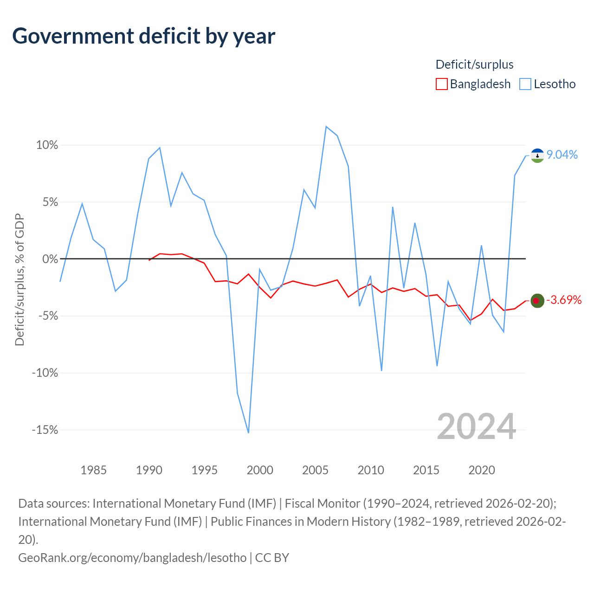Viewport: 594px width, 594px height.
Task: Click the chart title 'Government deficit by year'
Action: pyautogui.click(x=143, y=36)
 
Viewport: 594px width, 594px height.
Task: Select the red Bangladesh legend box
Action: pyautogui.click(x=441, y=84)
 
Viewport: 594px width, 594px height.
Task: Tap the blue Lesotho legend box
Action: pyautogui.click(x=525, y=84)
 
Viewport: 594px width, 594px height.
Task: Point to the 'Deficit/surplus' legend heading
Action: pyautogui.click(x=474, y=65)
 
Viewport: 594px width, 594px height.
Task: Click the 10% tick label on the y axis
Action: pyautogui.click(x=47, y=145)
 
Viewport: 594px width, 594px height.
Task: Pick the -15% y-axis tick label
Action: pyautogui.click(x=45, y=430)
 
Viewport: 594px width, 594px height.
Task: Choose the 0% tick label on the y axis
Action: pyautogui.click(x=50, y=259)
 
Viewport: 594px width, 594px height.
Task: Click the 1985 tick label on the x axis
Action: pyautogui.click(x=93, y=470)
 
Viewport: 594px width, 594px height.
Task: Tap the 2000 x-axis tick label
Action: pyautogui.click(x=260, y=470)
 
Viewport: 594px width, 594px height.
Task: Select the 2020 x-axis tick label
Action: pyautogui.click(x=482, y=470)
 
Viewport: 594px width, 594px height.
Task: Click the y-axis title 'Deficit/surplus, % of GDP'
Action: pyautogui.click(x=20, y=279)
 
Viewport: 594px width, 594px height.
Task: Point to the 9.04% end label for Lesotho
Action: pyautogui.click(x=562, y=155)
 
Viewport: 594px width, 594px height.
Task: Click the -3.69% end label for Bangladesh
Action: pyautogui.click(x=564, y=300)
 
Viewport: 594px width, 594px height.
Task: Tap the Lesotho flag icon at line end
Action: pyautogui.click(x=537, y=155)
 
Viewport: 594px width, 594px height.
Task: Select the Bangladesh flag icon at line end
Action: pyautogui.click(x=537, y=301)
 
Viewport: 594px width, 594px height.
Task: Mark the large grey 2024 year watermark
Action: pyautogui.click(x=476, y=426)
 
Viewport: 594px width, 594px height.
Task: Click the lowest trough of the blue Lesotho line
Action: pyautogui.click(x=248, y=433)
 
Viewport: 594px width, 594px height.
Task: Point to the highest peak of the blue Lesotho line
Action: pyautogui.click(x=326, y=126)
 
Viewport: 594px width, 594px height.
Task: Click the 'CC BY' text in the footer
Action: pyautogui.click(x=272, y=558)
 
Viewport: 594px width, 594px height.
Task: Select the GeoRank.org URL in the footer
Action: pyautogui.click(x=132, y=558)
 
